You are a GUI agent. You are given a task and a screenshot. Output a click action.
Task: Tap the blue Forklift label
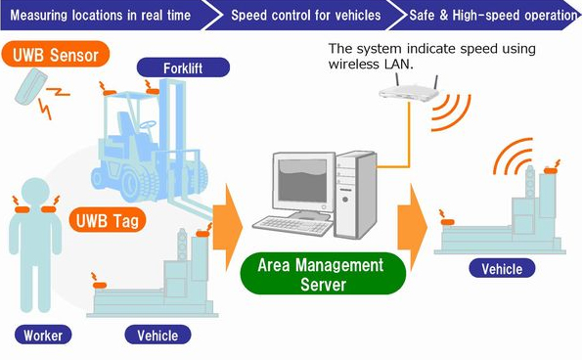pos(183,68)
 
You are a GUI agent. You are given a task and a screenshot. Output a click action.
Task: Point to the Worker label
pos(42,335)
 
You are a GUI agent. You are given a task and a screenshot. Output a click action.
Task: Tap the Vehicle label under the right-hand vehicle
pos(502,269)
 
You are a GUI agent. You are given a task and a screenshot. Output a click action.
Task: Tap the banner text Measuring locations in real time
pos(100,16)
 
